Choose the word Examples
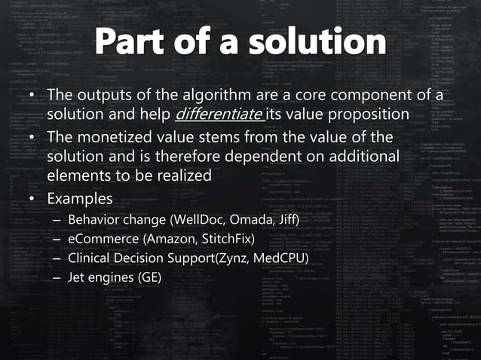(80, 199)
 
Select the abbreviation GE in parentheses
(149, 279)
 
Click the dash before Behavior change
(57, 220)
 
